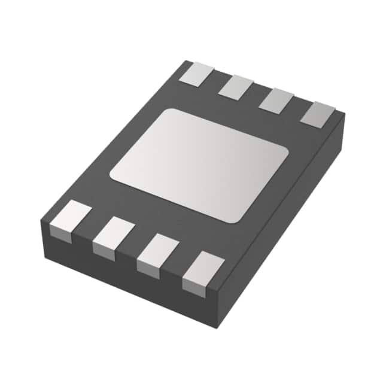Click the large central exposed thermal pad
(199, 165)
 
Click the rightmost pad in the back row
(317, 114)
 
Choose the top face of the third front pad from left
(158, 248)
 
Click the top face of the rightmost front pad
(203, 266)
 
